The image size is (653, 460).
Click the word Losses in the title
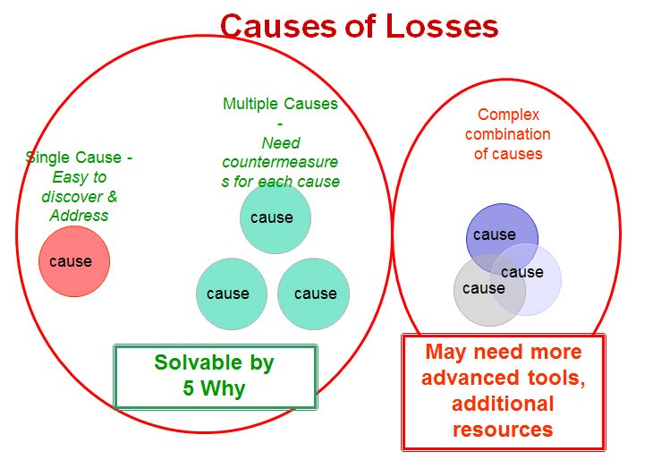[x=442, y=26]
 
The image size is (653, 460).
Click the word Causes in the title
[x=278, y=26]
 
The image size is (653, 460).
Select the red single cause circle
[x=74, y=261]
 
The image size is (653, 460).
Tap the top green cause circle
[x=276, y=217]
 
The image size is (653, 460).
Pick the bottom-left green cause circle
[x=232, y=294]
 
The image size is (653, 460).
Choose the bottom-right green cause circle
[x=314, y=294]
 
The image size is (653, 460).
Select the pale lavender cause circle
[x=526, y=279]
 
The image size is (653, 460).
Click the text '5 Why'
[x=214, y=388]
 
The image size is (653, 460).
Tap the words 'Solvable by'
[x=214, y=362]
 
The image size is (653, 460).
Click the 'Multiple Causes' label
[x=280, y=104]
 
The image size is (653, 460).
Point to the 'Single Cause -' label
[x=79, y=158]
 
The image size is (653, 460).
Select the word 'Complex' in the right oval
[x=508, y=115]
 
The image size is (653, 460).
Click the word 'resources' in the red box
[x=503, y=430]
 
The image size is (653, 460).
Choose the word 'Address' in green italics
[x=79, y=216]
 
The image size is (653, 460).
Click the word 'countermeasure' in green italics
[x=280, y=162]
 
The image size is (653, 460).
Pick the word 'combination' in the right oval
[x=508, y=134]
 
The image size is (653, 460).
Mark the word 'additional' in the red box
[x=503, y=404]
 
